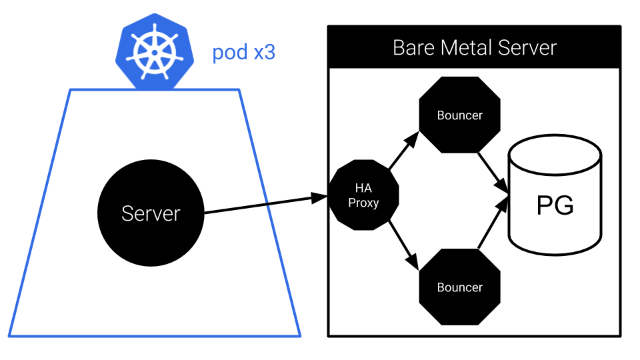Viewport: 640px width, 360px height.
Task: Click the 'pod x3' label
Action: click(x=243, y=53)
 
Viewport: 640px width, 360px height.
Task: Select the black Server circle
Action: click(x=151, y=213)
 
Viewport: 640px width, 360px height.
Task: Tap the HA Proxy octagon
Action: click(x=363, y=195)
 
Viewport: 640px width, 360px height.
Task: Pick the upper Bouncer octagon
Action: click(x=459, y=115)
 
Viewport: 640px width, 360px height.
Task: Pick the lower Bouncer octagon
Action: click(x=459, y=287)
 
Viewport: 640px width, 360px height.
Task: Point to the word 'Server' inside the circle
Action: click(x=151, y=213)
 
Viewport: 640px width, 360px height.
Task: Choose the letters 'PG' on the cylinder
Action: click(x=555, y=206)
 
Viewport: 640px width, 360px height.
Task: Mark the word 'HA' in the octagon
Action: click(x=363, y=189)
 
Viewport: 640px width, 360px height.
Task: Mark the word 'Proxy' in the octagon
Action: click(x=363, y=203)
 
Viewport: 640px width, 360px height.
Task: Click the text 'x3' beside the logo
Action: click(x=264, y=53)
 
